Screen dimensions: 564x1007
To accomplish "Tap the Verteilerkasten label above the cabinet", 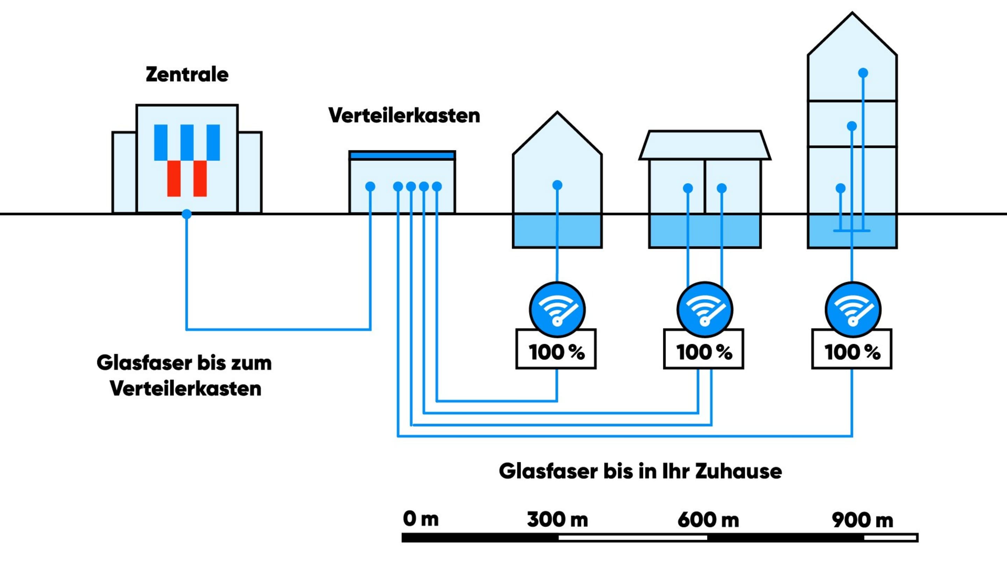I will pos(404,116).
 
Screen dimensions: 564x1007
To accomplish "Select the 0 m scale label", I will pos(421,519).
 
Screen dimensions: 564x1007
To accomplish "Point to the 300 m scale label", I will pos(557,520).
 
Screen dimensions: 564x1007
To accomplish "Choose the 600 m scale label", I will pos(708,520).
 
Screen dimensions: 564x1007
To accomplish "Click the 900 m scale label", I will pos(862,520).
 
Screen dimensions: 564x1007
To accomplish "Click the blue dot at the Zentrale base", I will pos(187,214).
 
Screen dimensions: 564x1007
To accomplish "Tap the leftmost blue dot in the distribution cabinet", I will pos(370,186).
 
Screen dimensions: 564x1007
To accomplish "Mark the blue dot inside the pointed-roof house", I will pos(557,185).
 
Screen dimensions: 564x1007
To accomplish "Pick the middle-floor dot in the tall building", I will pos(852,126).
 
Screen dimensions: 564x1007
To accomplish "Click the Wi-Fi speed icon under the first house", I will pos(557,309).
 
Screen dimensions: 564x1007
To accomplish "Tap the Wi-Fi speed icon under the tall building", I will pos(852,309).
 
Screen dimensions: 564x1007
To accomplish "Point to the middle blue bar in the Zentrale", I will pos(187,142).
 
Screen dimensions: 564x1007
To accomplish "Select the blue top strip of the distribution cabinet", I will pos(402,156).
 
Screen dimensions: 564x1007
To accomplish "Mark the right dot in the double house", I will pos(722,188).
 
